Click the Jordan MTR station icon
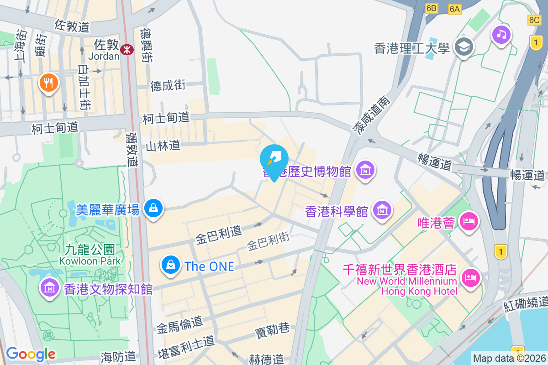[x=127, y=48]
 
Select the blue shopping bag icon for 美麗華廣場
[x=153, y=208]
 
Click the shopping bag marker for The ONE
[x=171, y=264]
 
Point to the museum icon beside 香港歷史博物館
[x=365, y=170]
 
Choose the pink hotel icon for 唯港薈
[x=469, y=221]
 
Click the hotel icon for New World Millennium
[x=471, y=276]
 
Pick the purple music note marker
[x=501, y=34]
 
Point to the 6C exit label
[x=534, y=20]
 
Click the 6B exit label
[x=431, y=8]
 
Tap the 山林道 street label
[x=163, y=146]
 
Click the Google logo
[x=31, y=354]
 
